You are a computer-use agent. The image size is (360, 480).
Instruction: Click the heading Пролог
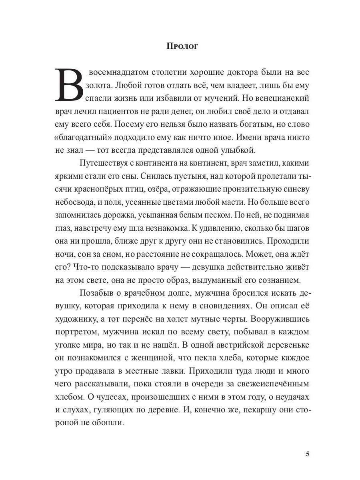click(182, 46)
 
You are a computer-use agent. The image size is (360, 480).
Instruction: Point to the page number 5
click(307, 453)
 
